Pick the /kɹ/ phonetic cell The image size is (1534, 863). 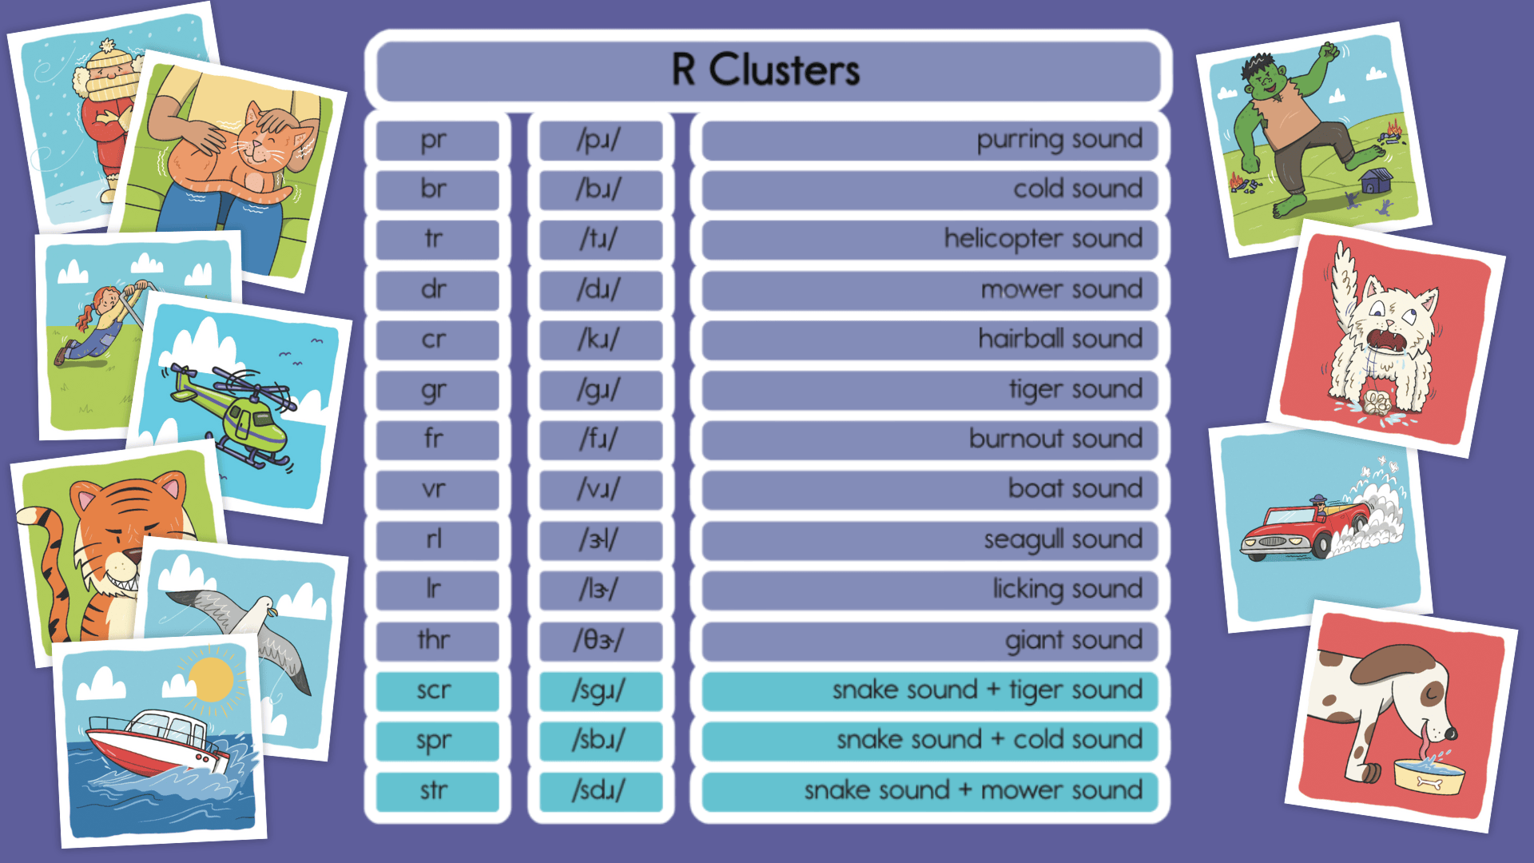click(x=599, y=340)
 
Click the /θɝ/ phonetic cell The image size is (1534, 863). click(x=599, y=640)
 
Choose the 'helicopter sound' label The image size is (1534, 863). click(x=1043, y=239)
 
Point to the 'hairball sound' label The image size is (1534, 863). click(x=1060, y=340)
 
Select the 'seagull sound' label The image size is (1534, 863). click(x=1063, y=540)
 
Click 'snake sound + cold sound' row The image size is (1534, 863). click(x=989, y=740)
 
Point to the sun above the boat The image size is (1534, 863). click(x=211, y=680)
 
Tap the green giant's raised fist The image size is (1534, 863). click(x=1329, y=52)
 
